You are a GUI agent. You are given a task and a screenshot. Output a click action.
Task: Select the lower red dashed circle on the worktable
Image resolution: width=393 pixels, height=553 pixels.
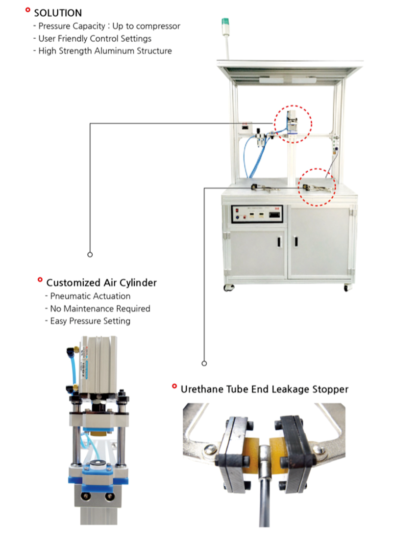[x=318, y=186]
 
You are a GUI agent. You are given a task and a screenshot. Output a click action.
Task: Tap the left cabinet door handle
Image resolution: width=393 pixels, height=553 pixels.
[x=278, y=241]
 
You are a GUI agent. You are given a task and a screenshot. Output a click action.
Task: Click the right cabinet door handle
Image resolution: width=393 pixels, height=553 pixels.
[x=295, y=241]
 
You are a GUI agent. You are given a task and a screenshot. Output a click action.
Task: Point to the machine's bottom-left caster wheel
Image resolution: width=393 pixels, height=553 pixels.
[x=228, y=288]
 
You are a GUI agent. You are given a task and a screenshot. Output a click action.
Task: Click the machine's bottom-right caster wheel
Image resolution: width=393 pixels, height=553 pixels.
[x=347, y=288]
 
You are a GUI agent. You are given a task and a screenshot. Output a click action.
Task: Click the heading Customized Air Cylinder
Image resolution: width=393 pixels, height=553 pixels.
[x=101, y=283]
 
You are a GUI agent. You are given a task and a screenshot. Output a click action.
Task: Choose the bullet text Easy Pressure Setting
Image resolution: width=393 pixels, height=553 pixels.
[x=90, y=321]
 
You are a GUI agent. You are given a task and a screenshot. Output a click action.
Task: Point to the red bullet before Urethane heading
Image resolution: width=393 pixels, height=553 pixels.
[x=174, y=387]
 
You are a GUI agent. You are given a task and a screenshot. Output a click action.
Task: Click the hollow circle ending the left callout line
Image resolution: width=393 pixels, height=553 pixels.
[x=90, y=254]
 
